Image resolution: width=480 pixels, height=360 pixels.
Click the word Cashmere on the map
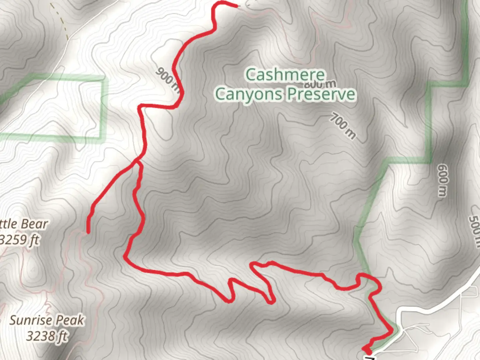click(285, 75)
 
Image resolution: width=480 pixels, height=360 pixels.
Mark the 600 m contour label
click(442, 180)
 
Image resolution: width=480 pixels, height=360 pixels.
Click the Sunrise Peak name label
click(47, 320)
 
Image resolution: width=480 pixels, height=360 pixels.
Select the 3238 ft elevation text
click(47, 336)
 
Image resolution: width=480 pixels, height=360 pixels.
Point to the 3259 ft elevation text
click(19, 239)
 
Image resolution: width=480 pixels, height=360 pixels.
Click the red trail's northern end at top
click(236, 6)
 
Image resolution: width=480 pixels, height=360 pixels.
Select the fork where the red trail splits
click(137, 161)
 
